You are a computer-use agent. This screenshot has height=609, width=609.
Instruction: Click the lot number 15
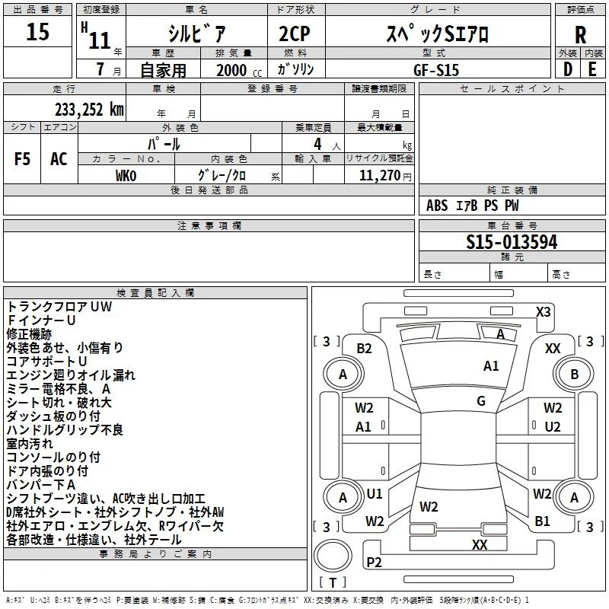pyautogui.click(x=37, y=33)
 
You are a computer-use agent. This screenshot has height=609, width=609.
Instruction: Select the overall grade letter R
pyautogui.click(x=580, y=35)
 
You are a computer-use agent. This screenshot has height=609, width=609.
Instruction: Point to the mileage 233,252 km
pyautogui.click(x=89, y=109)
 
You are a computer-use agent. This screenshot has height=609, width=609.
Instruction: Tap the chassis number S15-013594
pyautogui.click(x=512, y=242)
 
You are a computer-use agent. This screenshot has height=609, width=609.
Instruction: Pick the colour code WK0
pyautogui.click(x=126, y=176)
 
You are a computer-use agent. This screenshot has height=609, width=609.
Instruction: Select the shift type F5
pyautogui.click(x=23, y=158)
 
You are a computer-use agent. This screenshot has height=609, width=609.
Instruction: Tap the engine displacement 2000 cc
pyautogui.click(x=234, y=70)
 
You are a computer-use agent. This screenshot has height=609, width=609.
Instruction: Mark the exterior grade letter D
pyautogui.click(x=567, y=69)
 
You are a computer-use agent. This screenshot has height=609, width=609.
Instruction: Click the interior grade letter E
pyautogui.click(x=592, y=69)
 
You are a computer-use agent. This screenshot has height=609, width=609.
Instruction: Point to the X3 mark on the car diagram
pyautogui.click(x=544, y=311)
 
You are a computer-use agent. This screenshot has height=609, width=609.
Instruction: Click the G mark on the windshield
pyautogui.click(x=481, y=401)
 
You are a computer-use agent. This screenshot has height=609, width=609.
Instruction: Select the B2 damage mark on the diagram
pyautogui.click(x=364, y=348)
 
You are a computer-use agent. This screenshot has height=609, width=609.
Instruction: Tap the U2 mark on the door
pyautogui.click(x=553, y=426)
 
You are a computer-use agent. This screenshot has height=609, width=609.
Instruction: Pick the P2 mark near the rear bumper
pyautogui.click(x=374, y=562)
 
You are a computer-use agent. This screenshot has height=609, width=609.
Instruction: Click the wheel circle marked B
pyautogui.click(x=574, y=374)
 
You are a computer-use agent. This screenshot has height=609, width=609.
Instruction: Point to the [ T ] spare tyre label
pyautogui.click(x=333, y=582)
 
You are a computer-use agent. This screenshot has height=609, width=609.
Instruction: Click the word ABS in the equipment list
pyautogui.click(x=437, y=206)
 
